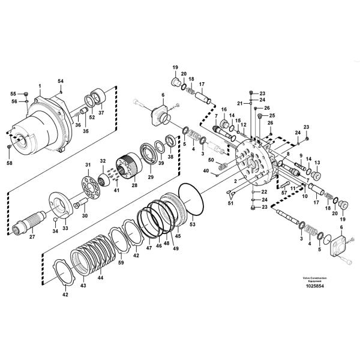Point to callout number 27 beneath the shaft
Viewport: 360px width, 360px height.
32,237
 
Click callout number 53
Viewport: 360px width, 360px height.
193,224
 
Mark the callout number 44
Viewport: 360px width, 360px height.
101,278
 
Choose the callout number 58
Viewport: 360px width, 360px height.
9,163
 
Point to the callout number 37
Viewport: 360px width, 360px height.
101,112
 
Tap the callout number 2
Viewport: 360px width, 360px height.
235,180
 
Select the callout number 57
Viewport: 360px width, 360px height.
284,193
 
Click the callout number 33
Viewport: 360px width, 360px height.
65,228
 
